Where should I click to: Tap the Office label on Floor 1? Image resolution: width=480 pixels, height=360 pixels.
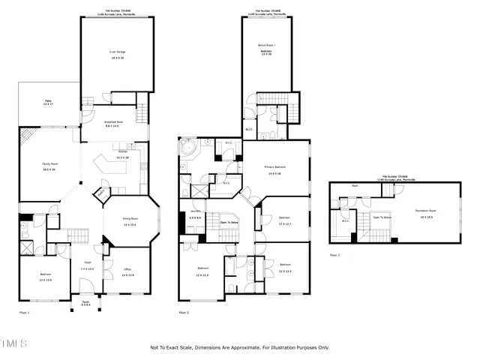127,272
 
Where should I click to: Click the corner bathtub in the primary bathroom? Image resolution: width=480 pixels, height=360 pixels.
188,145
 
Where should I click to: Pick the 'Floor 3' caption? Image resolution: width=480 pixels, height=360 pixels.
334,255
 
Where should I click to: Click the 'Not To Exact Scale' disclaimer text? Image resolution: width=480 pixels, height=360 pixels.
240,347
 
